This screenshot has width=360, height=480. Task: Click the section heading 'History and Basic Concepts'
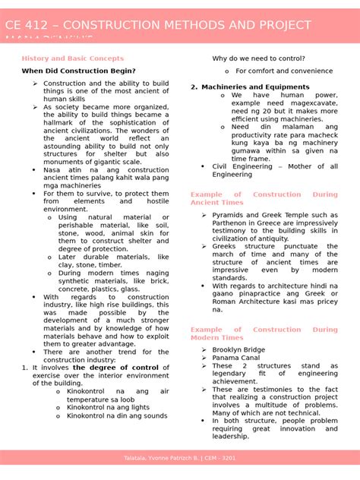(x=72, y=58)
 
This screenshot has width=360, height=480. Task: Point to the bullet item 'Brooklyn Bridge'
(x=238, y=349)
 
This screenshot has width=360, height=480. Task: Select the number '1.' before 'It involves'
(x=24, y=368)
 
